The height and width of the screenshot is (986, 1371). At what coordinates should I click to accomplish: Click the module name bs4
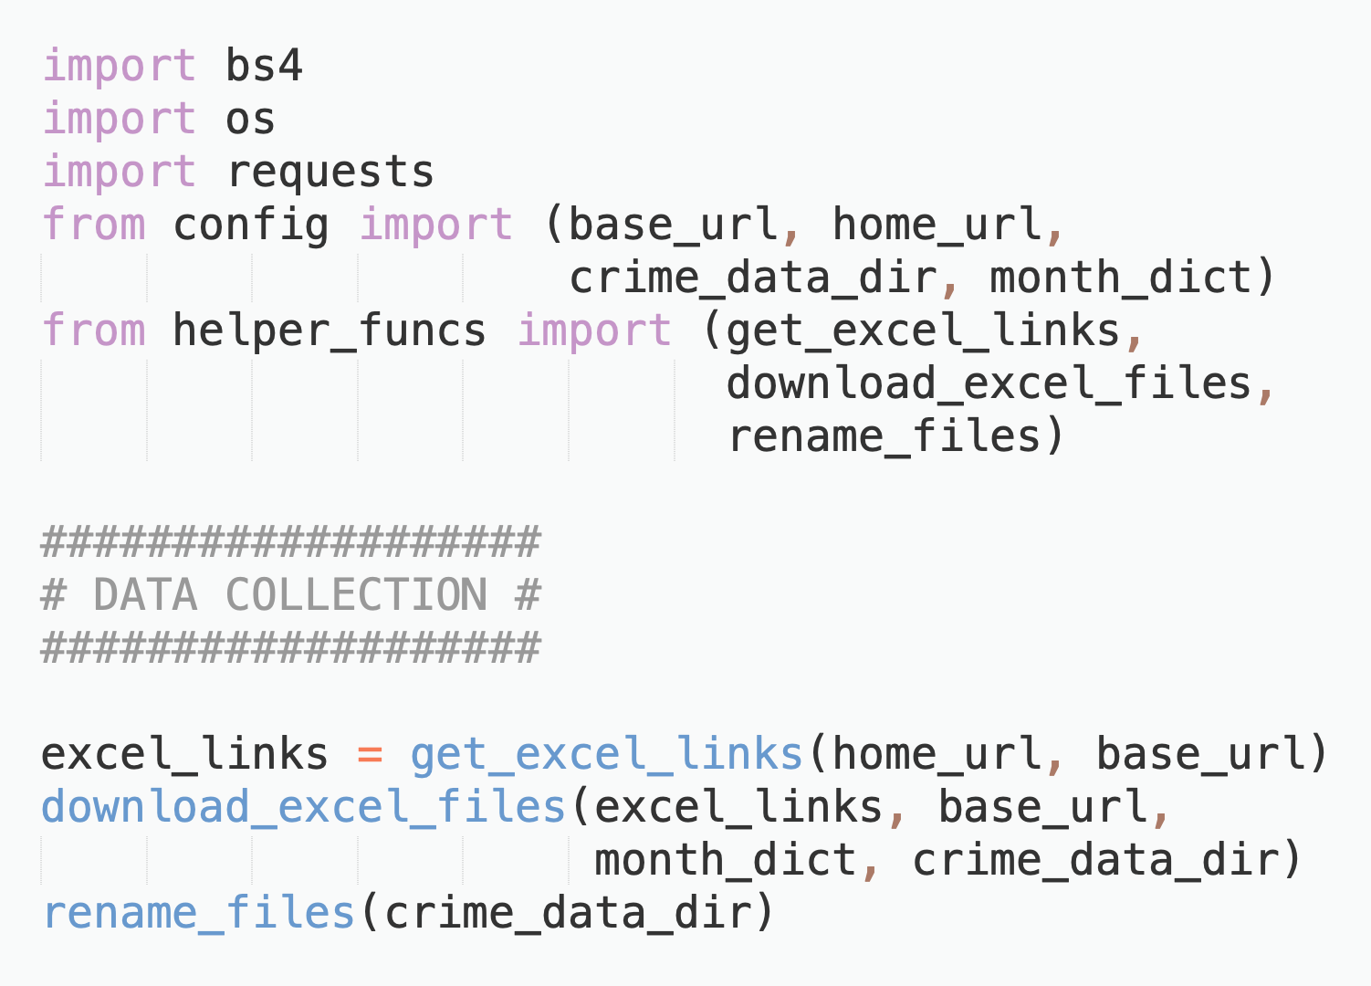264,65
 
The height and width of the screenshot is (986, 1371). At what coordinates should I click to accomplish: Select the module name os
250,120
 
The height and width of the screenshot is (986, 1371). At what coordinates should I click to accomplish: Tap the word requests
330,172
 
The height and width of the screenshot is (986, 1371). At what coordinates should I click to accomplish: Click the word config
251,226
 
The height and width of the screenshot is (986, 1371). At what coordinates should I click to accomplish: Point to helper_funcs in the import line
330,330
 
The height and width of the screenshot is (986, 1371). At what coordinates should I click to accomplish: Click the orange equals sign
370,755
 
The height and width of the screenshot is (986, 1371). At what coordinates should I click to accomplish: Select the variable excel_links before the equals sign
185,754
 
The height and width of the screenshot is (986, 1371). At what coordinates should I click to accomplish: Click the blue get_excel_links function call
607,754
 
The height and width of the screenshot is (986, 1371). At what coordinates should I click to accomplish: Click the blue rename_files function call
199,913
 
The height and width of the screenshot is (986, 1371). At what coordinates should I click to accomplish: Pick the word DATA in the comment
146,595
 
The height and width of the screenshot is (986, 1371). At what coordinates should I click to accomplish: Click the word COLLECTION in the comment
356,595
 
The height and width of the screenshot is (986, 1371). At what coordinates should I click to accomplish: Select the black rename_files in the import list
884,436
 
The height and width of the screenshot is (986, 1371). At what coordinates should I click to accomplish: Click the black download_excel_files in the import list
989,383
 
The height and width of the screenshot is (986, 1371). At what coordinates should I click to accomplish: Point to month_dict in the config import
1120,278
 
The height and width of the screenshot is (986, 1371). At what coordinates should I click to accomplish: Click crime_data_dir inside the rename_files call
568,913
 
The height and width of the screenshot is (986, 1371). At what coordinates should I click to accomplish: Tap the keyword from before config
94,226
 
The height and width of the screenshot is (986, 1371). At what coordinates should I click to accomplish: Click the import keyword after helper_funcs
595,330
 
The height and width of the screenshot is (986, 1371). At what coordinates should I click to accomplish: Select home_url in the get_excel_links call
937,754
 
